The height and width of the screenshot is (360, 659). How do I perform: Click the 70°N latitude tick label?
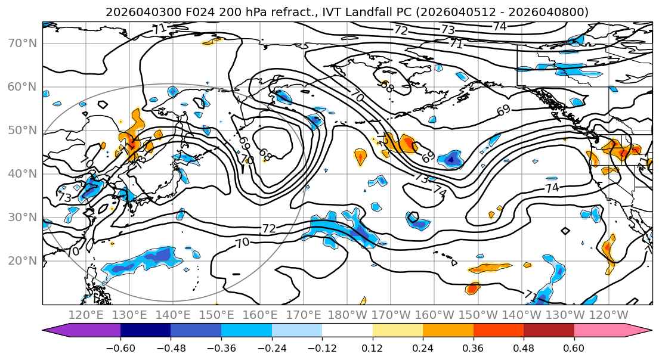coord(23,44)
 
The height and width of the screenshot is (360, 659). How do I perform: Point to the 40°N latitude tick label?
coord(23,174)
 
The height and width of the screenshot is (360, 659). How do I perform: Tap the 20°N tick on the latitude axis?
coord(23,261)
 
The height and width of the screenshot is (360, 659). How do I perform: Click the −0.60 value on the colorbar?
coord(120,347)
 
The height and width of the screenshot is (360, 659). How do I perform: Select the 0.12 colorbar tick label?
coord(372,347)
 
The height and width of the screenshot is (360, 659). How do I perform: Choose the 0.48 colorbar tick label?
coord(524,347)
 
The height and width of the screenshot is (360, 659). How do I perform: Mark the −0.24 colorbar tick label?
coord(271,347)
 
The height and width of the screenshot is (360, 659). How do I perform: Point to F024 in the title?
coord(180,12)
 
